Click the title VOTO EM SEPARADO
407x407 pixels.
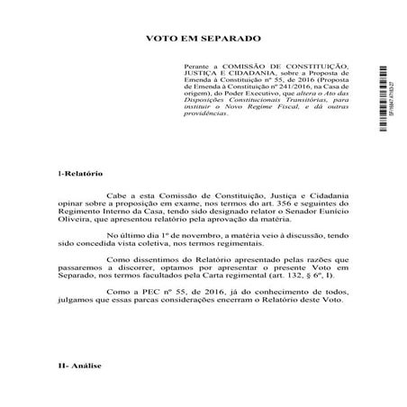point(203,41)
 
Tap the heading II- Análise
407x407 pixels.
point(78,392)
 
